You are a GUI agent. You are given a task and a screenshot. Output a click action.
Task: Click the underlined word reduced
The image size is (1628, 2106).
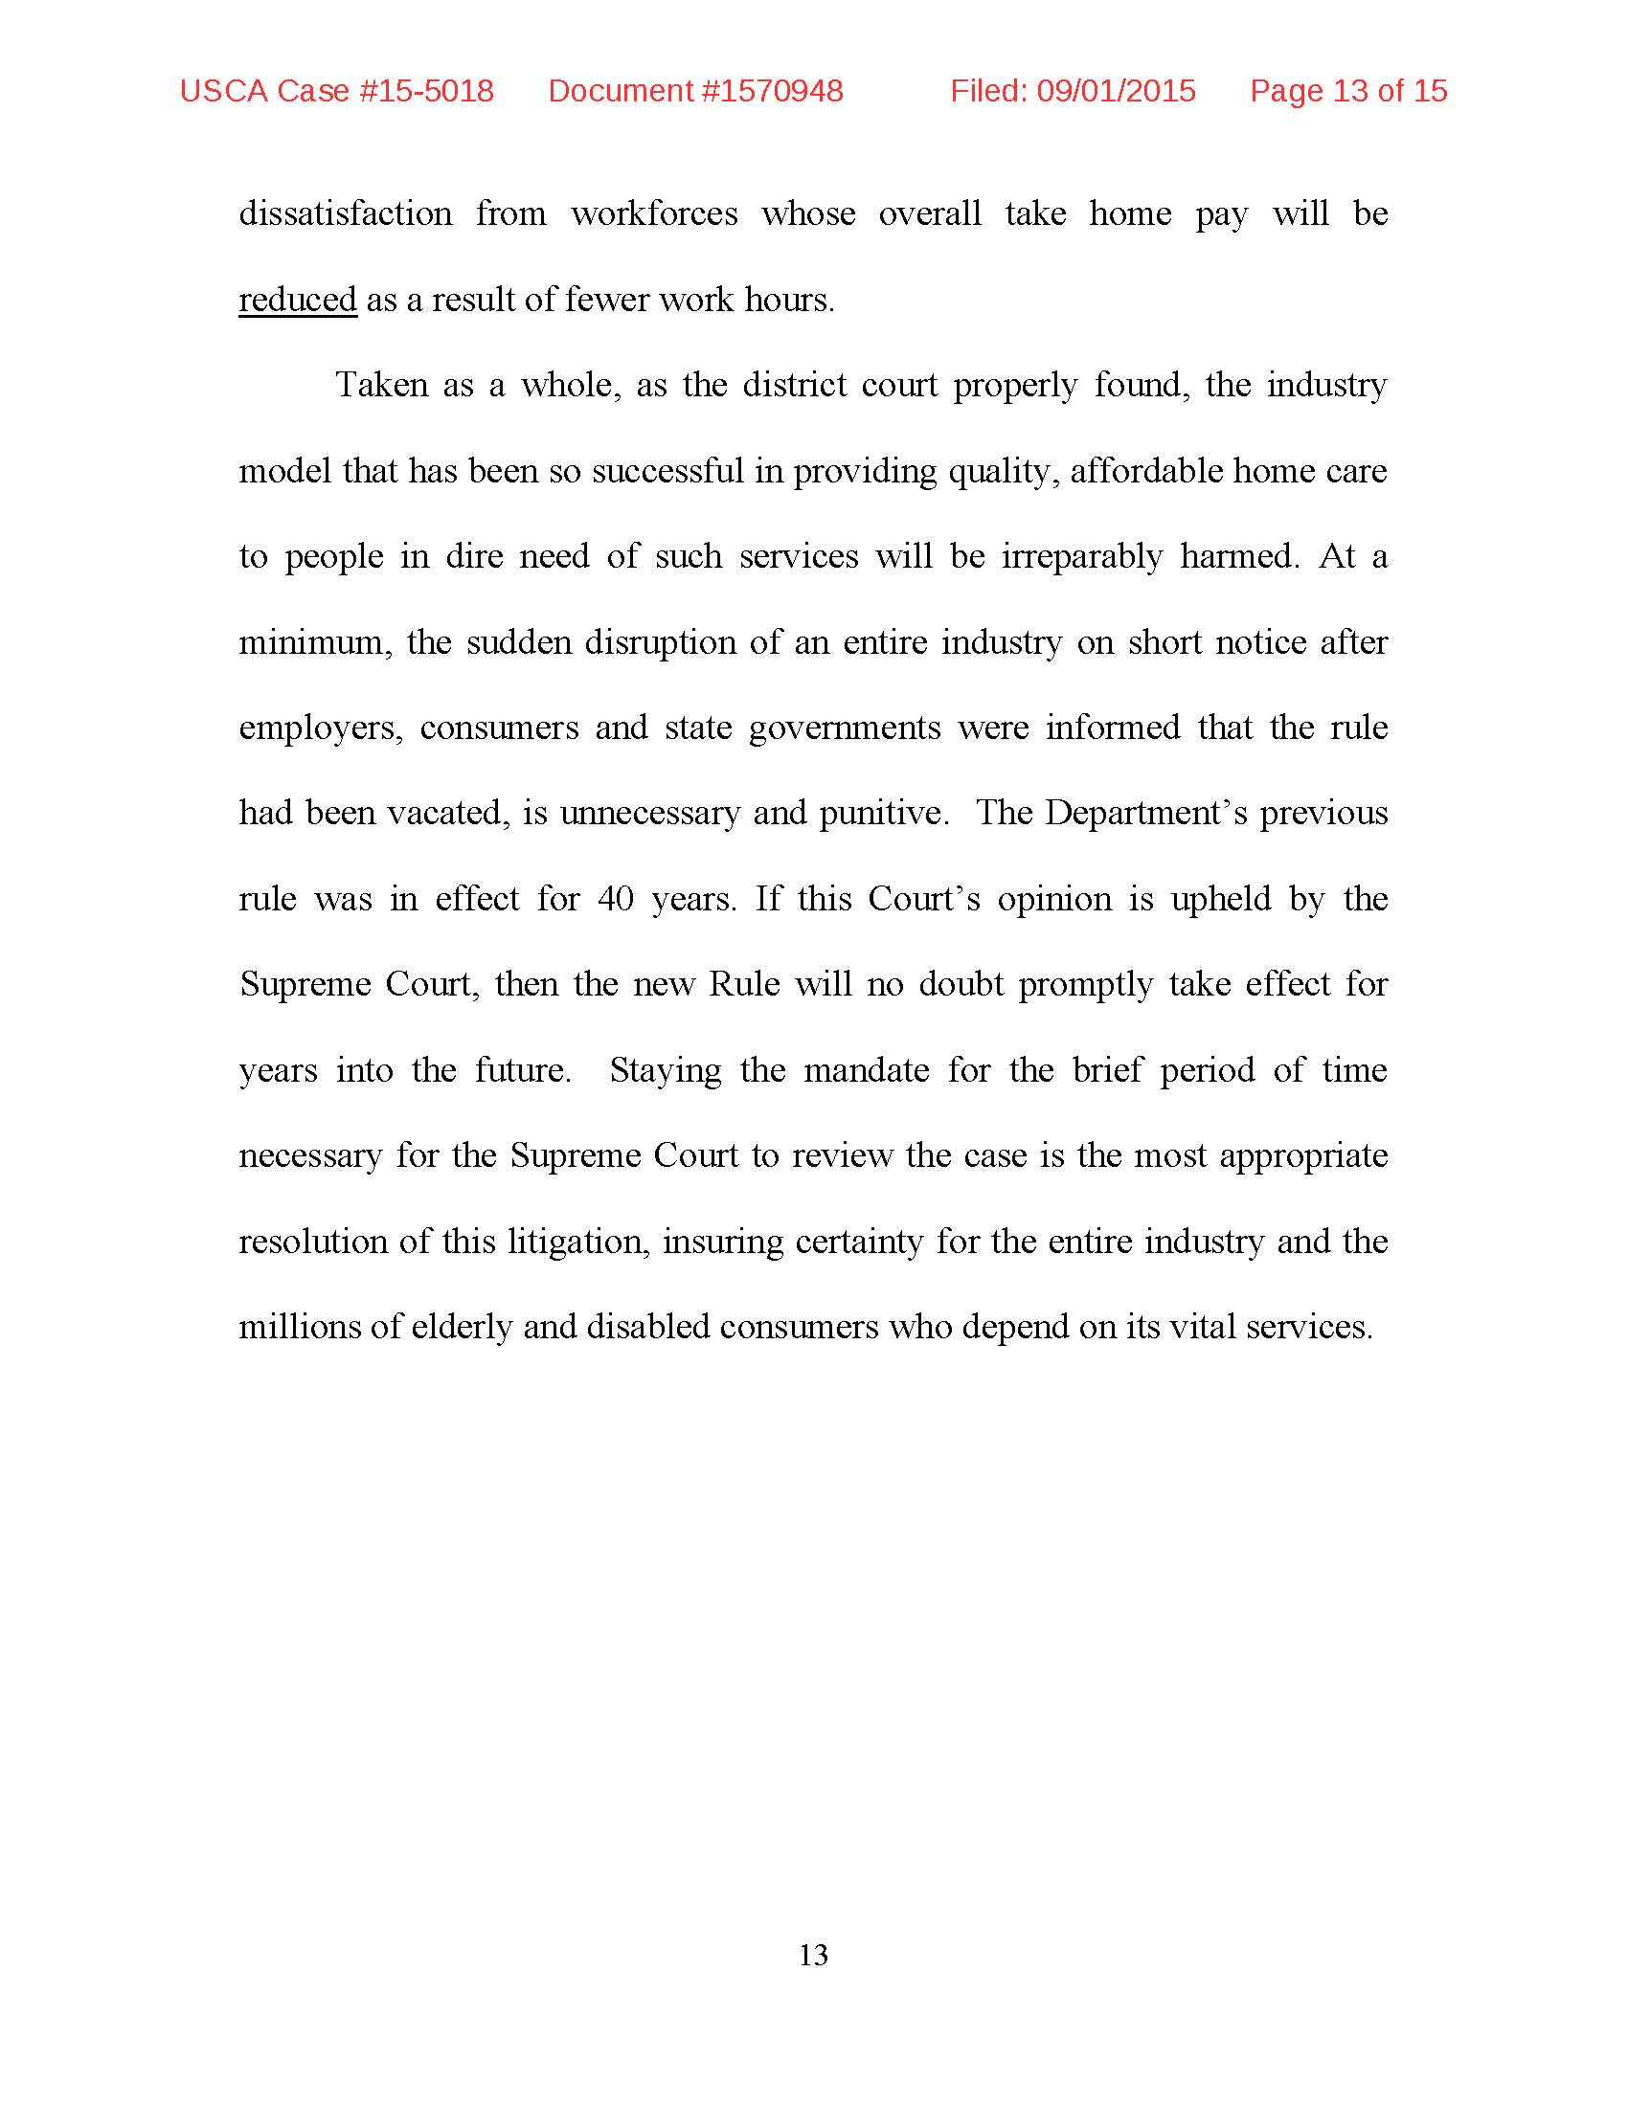click(x=297, y=300)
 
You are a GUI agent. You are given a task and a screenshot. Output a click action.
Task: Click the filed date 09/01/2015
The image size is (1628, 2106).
click(x=1116, y=91)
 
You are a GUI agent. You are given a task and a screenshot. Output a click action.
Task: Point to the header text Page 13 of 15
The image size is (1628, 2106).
click(x=1348, y=91)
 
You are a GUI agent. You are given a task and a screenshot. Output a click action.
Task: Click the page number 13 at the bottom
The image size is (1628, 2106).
click(x=813, y=1955)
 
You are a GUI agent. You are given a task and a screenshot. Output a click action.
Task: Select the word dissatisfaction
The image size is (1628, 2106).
click(x=346, y=213)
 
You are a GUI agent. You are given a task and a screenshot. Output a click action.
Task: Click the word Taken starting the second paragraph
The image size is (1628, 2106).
click(x=381, y=385)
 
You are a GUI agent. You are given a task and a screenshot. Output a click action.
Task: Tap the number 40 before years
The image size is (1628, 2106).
click(x=617, y=899)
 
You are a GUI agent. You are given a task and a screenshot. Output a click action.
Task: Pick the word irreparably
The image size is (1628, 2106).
click(x=1081, y=556)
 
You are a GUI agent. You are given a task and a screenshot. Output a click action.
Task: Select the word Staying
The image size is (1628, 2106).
click(x=666, y=1070)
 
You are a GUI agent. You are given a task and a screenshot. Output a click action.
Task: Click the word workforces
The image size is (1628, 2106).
click(x=654, y=213)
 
